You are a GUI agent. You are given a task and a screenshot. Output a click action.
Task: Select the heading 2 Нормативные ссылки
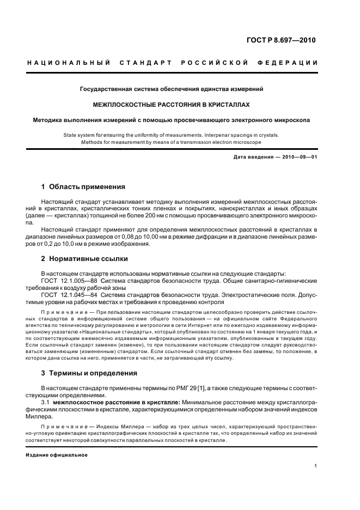[x=85, y=259]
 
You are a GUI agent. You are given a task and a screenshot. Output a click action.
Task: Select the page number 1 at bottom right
[x=316, y=466]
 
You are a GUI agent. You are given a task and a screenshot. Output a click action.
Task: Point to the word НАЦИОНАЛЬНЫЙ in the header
[x=69, y=63]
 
